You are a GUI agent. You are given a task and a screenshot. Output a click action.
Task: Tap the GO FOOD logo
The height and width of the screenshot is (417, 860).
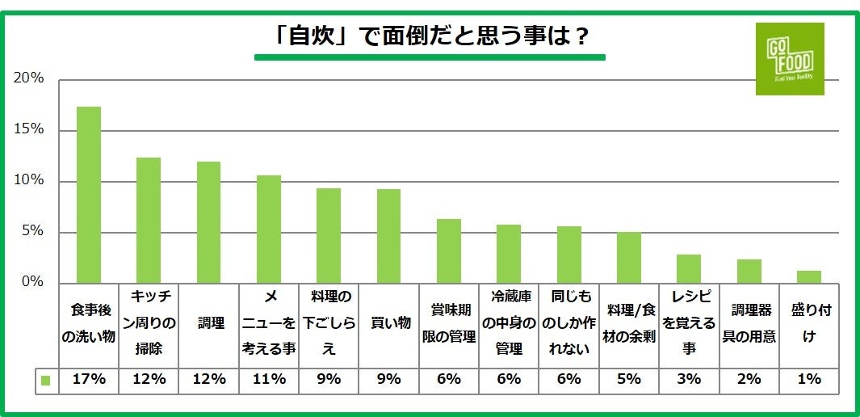pos(789,59)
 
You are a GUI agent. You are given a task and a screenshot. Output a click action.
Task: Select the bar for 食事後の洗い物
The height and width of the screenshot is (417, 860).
pos(89,195)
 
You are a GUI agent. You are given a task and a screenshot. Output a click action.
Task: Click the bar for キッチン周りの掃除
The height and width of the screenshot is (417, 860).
pos(149,220)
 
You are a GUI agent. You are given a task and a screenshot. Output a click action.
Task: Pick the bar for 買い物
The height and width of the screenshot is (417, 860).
pos(388,236)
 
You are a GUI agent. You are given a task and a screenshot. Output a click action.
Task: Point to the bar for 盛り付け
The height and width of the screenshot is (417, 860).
pos(808,277)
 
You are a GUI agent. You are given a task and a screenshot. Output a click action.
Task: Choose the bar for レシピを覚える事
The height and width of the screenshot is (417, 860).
pos(689,269)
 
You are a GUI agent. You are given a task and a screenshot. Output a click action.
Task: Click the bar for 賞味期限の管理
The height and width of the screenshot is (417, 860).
pos(449,251)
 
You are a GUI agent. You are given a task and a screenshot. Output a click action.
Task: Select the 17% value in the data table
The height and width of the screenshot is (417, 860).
pos(89,378)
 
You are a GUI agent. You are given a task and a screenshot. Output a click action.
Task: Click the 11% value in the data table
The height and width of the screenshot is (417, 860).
pos(269,378)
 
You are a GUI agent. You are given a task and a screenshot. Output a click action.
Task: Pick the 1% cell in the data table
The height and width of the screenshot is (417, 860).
pos(808,378)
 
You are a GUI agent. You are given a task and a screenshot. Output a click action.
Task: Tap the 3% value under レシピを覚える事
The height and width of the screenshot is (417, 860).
pos(689,378)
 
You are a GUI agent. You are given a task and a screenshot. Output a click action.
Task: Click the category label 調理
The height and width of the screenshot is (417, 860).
pos(209,323)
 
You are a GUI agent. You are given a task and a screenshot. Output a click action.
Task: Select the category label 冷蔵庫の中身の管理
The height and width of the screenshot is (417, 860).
pos(509,323)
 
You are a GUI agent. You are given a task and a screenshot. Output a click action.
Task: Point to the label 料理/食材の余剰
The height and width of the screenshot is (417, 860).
pos(628,323)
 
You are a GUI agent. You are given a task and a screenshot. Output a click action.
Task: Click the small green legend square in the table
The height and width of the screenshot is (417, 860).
pos(46,380)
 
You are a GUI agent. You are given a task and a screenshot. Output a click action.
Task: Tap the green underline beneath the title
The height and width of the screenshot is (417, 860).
pos(430,57)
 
